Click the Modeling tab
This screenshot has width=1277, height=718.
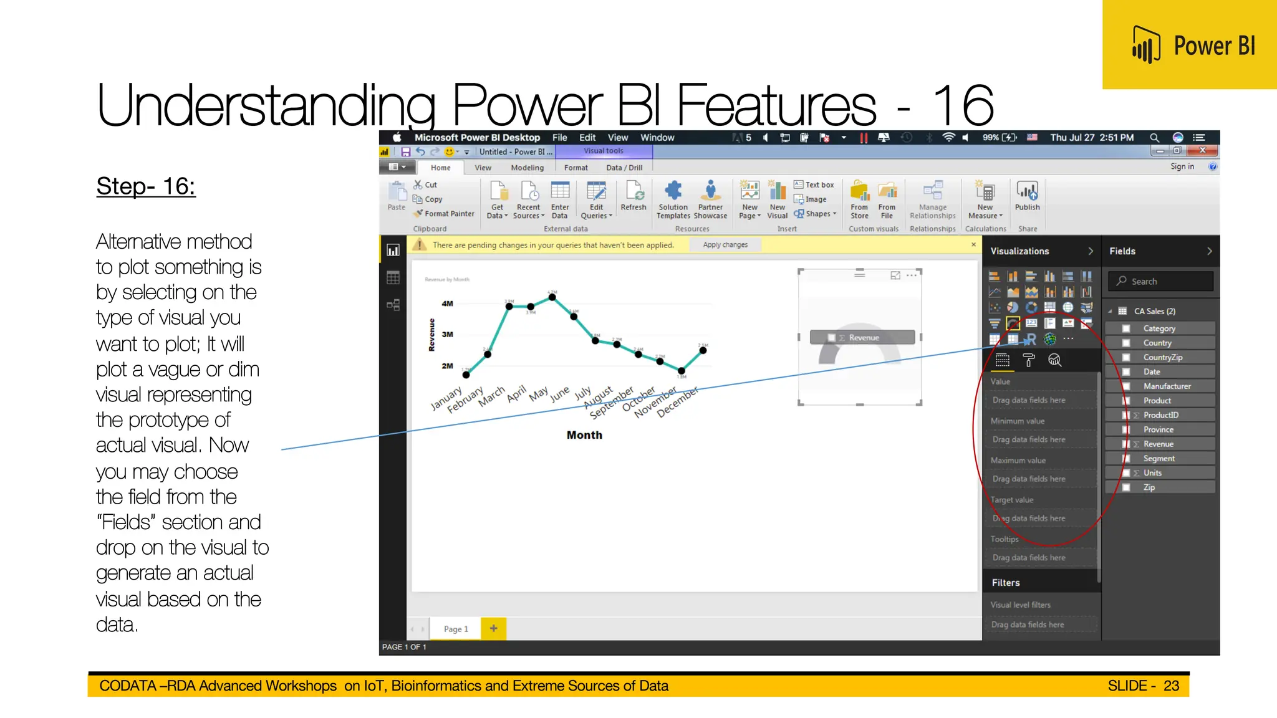527,168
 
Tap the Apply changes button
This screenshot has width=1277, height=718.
725,245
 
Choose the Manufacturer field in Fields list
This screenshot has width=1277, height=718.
1167,386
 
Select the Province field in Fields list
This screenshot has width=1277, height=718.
1158,429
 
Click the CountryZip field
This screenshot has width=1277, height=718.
1162,357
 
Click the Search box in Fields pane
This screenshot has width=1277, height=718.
1161,281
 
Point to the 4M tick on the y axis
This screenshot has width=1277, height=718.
447,304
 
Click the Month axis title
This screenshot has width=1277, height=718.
584,435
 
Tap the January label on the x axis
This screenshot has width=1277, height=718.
446,399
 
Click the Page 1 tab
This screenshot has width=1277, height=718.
456,629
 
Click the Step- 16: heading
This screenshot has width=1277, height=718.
146,186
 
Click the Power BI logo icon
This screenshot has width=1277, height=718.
1146,45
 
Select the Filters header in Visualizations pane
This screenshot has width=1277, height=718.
1006,583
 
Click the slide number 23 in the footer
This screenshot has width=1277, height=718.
1171,686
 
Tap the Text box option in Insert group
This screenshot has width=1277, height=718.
814,184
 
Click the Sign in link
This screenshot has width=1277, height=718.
1182,166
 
